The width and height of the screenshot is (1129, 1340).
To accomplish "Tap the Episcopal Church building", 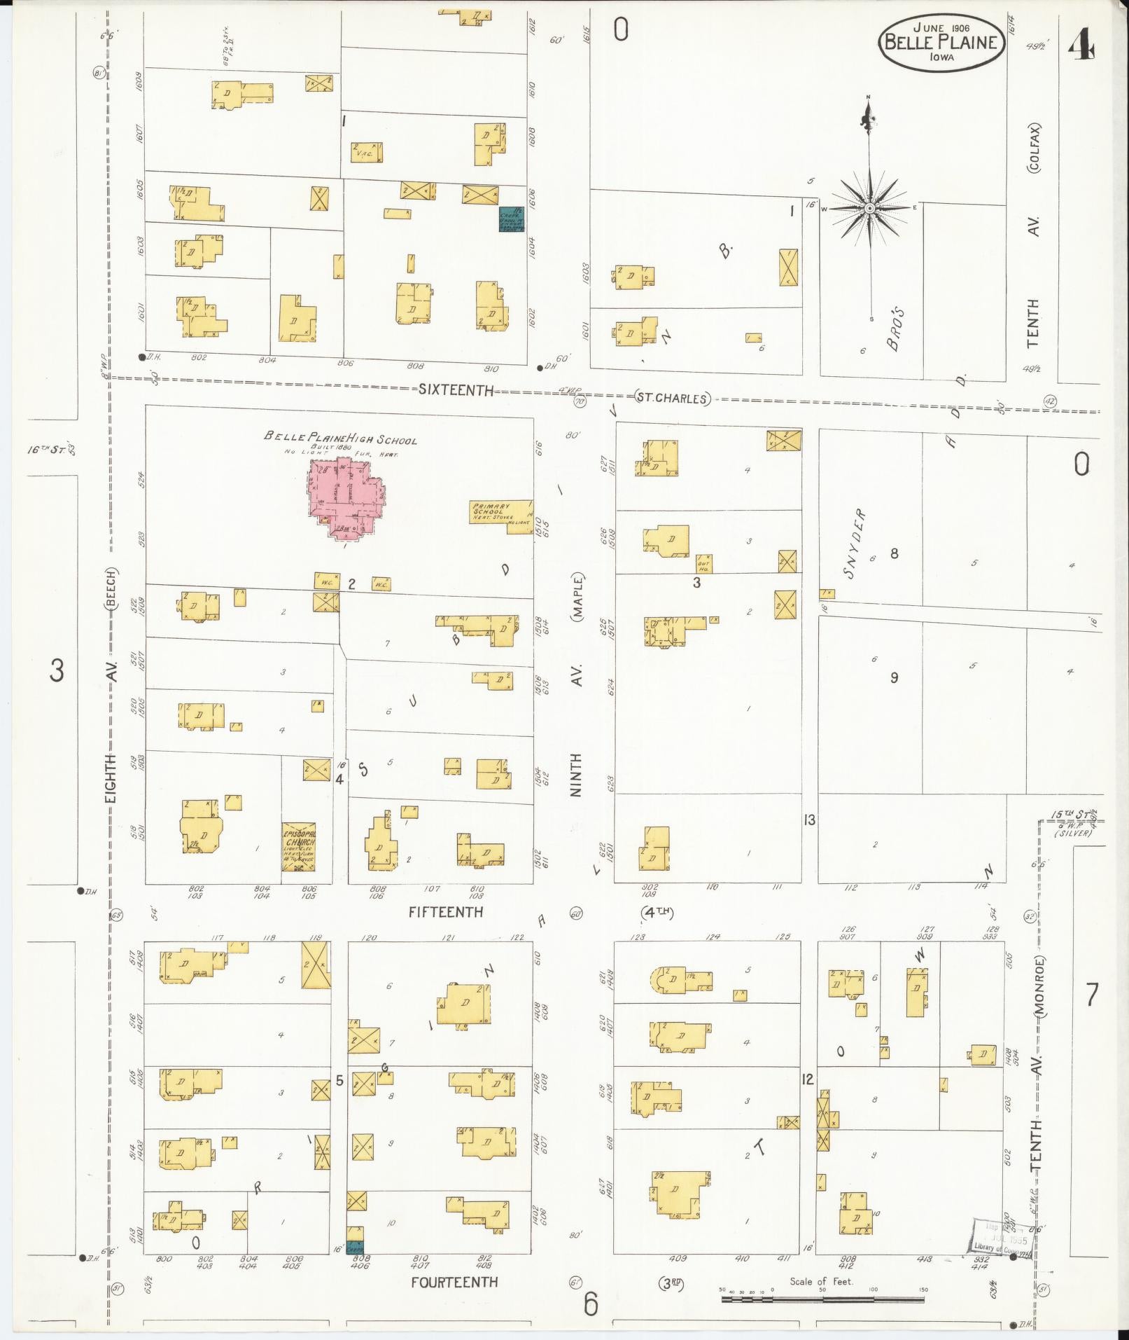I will [x=298, y=846].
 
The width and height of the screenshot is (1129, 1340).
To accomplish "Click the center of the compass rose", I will [x=869, y=209].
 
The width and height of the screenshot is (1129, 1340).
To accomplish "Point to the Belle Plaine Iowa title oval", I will [x=941, y=43].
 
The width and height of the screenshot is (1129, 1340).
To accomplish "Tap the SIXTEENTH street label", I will [x=456, y=390].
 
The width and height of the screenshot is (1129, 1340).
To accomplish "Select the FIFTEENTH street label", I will [x=446, y=911].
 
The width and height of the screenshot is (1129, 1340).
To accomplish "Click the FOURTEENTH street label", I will [x=454, y=1281].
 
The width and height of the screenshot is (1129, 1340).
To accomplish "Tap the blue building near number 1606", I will [x=512, y=219].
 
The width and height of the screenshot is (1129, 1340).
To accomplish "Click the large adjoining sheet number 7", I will [x=1091, y=994].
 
